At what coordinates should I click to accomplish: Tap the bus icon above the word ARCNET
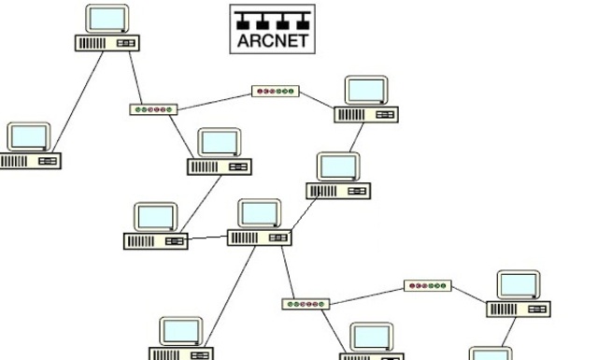[x=273, y=20]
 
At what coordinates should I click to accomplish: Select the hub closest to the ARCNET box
[x=276, y=92]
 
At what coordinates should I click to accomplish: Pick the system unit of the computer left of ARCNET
[x=107, y=43]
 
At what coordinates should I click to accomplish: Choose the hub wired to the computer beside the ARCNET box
[x=153, y=109]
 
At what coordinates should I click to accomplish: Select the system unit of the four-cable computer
[x=260, y=238]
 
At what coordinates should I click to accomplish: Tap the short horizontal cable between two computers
[x=207, y=239]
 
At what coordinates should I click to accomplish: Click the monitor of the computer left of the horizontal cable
[x=155, y=217]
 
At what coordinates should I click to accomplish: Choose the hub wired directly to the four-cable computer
[x=306, y=304]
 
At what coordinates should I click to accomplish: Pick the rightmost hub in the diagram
[x=428, y=284]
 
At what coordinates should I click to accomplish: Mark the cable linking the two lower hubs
[x=367, y=295]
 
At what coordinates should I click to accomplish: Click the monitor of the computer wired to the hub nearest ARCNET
[x=365, y=91]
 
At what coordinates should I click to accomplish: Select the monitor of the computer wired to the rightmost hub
[x=518, y=285]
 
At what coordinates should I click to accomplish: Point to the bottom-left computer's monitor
[x=180, y=331]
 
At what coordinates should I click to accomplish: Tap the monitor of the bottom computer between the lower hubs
[x=372, y=338]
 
